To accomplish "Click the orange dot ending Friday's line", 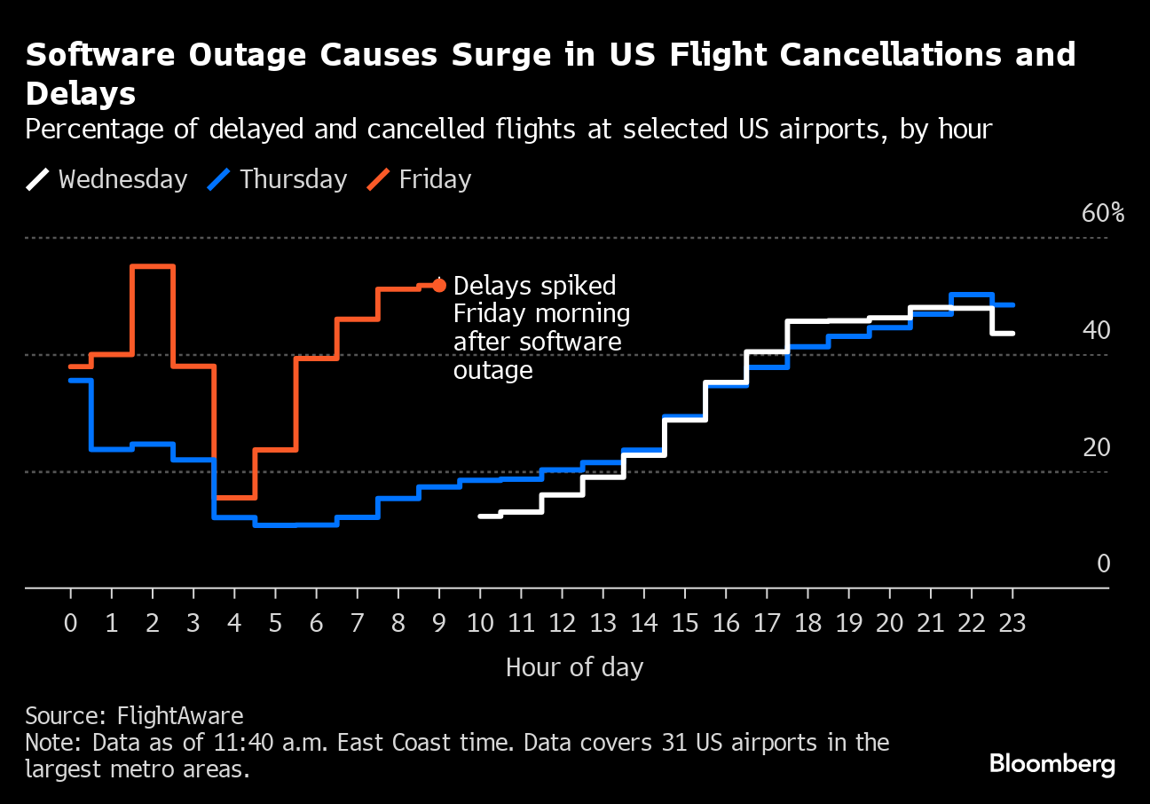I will (x=439, y=285).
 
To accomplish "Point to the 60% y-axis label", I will (x=1102, y=214).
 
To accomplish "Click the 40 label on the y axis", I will (x=1096, y=331).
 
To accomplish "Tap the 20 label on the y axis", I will (x=1096, y=448).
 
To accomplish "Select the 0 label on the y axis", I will (x=1103, y=564).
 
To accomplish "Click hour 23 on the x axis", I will (x=1012, y=624).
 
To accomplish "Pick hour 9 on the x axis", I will (x=438, y=624).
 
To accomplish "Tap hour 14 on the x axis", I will (x=643, y=624).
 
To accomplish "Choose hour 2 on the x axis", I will (x=152, y=624).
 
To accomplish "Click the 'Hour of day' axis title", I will (x=574, y=667).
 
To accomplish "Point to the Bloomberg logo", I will (x=1052, y=764).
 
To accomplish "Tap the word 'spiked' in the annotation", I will (x=577, y=287).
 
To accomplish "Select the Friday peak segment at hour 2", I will (x=152, y=266).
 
